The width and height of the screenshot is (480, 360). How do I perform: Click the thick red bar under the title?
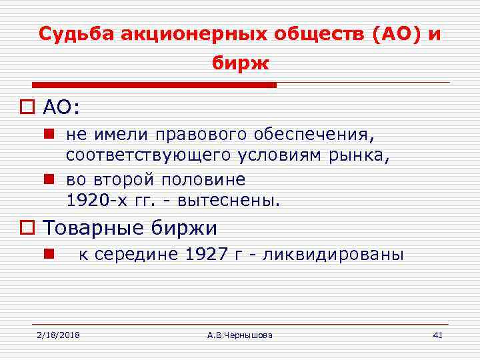click(154, 85)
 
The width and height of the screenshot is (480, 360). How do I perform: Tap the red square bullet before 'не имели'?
click(49, 136)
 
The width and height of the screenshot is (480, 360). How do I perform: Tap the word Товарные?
click(93, 228)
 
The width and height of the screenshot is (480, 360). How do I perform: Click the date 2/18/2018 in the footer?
click(58, 334)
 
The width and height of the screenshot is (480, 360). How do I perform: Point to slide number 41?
click(437, 334)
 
